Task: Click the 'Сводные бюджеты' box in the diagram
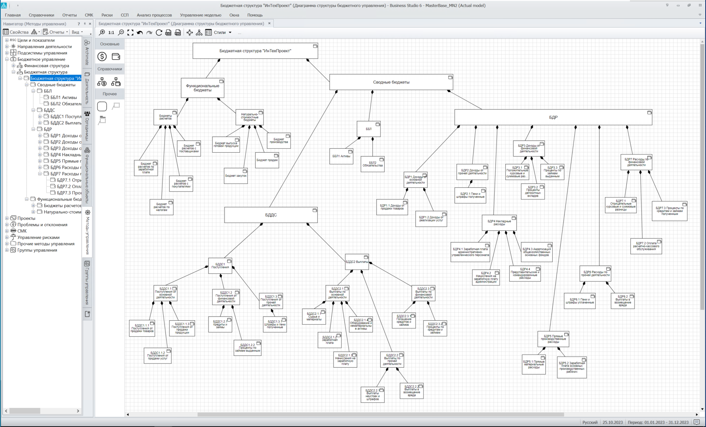click(391, 82)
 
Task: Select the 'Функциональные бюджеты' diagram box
click(203, 88)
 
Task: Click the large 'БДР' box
click(553, 117)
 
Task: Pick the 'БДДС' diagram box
click(271, 215)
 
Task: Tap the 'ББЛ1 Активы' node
click(341, 156)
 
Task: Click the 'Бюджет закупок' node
click(236, 176)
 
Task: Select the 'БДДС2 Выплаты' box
click(357, 262)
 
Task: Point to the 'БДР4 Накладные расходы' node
click(499, 223)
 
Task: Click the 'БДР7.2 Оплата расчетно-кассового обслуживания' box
click(646, 246)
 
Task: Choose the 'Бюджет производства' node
click(279, 141)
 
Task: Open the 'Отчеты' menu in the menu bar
click(69, 15)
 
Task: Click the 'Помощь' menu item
click(255, 15)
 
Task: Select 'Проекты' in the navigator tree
click(26, 218)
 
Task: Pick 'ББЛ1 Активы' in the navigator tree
click(63, 98)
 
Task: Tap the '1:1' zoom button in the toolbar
click(111, 33)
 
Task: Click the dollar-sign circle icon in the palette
click(102, 56)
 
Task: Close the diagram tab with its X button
click(269, 23)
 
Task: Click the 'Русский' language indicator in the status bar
click(590, 422)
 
